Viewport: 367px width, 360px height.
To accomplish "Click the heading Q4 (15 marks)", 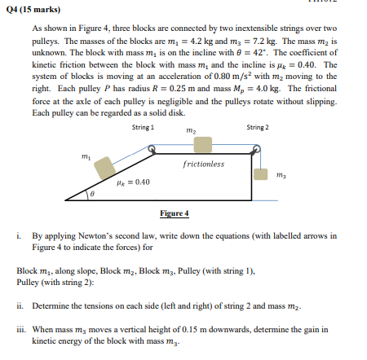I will pos(27,11).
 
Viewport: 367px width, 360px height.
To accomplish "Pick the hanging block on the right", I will pos(260,173).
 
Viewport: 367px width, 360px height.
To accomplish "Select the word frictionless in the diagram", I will pos(204,165).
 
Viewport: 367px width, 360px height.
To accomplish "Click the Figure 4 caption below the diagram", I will pos(174,213).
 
